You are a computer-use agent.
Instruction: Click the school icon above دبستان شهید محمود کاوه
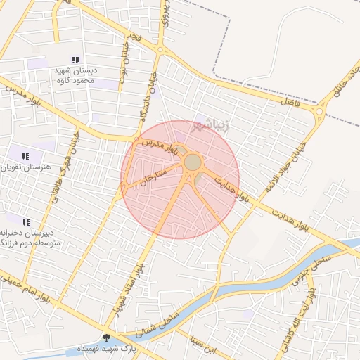click(75, 60)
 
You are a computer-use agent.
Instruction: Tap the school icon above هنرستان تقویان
click(25, 156)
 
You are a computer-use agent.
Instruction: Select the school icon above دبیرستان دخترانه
click(26, 222)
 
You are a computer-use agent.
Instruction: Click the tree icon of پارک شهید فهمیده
click(106, 338)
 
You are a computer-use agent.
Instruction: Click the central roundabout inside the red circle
click(193, 163)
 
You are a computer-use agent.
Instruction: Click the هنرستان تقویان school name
click(27, 168)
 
